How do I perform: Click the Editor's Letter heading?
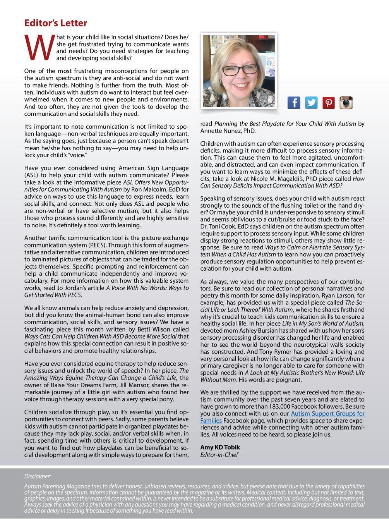pyautogui.click(x=55, y=23)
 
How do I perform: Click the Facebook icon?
pyautogui.click(x=294, y=103)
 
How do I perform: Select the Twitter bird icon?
pyautogui.click(x=311, y=103)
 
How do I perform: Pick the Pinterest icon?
pyautogui.click(x=329, y=103)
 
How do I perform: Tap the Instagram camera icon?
pyautogui.click(x=346, y=103)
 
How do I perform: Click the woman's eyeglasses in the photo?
pyautogui.click(x=238, y=70)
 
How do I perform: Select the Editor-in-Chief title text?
pyautogui.click(x=219, y=455)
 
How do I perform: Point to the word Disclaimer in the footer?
pyautogui.click(x=38, y=476)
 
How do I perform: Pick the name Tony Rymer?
pyautogui.click(x=271, y=352)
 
